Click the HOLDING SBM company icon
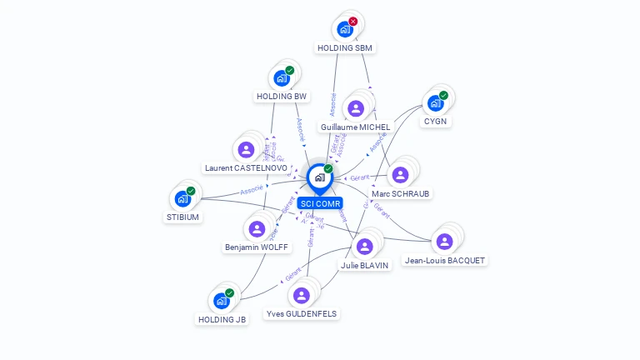(x=345, y=30)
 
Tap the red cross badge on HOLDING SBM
(x=353, y=22)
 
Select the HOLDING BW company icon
(x=281, y=79)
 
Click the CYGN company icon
(x=434, y=103)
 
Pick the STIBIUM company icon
(x=182, y=199)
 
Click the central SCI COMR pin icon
(x=319, y=177)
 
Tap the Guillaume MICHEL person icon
(x=356, y=108)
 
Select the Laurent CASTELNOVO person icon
(x=246, y=150)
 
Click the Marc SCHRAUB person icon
(x=400, y=175)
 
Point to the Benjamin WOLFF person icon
(x=257, y=228)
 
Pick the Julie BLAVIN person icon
(x=364, y=246)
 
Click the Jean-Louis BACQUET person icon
(x=444, y=242)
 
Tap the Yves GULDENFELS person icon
(x=302, y=295)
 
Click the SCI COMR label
(x=319, y=203)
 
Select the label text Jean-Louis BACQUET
(x=444, y=260)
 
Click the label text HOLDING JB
(x=222, y=319)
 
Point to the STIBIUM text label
(x=182, y=217)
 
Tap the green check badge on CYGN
(x=443, y=95)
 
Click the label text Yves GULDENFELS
(x=302, y=314)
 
